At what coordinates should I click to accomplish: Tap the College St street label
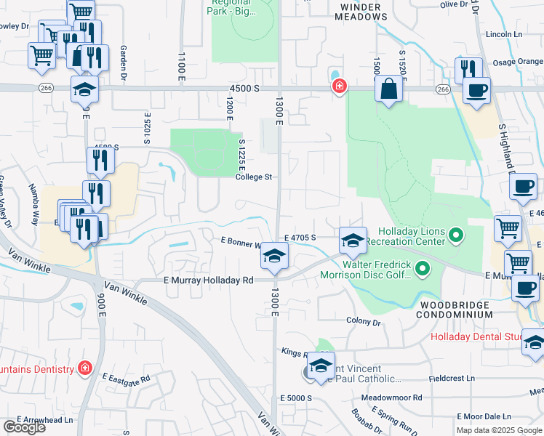[253, 177]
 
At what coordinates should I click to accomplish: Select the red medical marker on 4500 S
[338, 87]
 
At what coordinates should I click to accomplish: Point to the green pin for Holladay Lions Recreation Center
[456, 235]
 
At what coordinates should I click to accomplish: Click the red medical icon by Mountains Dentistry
[85, 368]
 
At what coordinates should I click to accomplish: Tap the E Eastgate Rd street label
[126, 379]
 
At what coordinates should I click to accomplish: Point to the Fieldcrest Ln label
[451, 379]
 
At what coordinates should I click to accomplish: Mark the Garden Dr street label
[124, 58]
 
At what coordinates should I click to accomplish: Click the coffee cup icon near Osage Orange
[476, 91]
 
